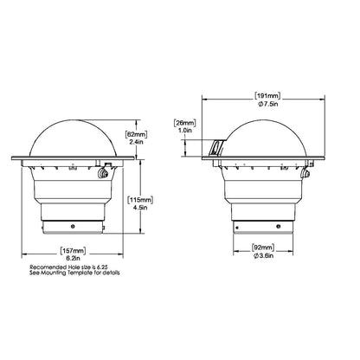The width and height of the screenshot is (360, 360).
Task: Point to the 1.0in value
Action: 184,131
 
